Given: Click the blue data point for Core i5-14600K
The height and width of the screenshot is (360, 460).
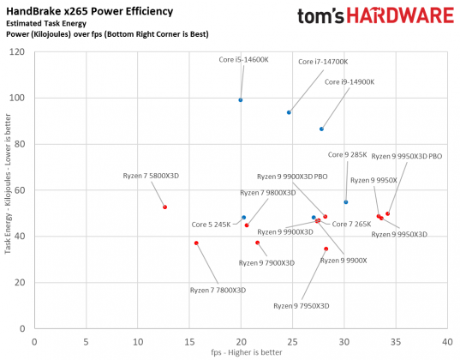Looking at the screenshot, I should [241, 100].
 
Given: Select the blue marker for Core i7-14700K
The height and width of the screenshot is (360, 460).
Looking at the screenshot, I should [289, 112].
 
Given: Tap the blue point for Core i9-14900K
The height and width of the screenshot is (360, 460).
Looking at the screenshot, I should [321, 129].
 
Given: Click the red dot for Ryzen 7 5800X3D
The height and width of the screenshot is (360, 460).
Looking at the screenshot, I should [164, 207].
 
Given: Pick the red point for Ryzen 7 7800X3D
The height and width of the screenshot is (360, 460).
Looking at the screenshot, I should [196, 243].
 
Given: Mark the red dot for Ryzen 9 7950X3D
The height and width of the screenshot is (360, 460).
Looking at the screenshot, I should [326, 249].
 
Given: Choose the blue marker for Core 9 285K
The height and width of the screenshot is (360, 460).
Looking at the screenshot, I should [346, 202].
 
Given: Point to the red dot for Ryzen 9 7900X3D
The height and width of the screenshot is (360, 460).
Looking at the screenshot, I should [257, 243].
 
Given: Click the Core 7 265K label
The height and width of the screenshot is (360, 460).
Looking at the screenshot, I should [351, 224].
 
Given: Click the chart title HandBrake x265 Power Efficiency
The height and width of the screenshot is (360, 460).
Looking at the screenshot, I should [87, 11].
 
